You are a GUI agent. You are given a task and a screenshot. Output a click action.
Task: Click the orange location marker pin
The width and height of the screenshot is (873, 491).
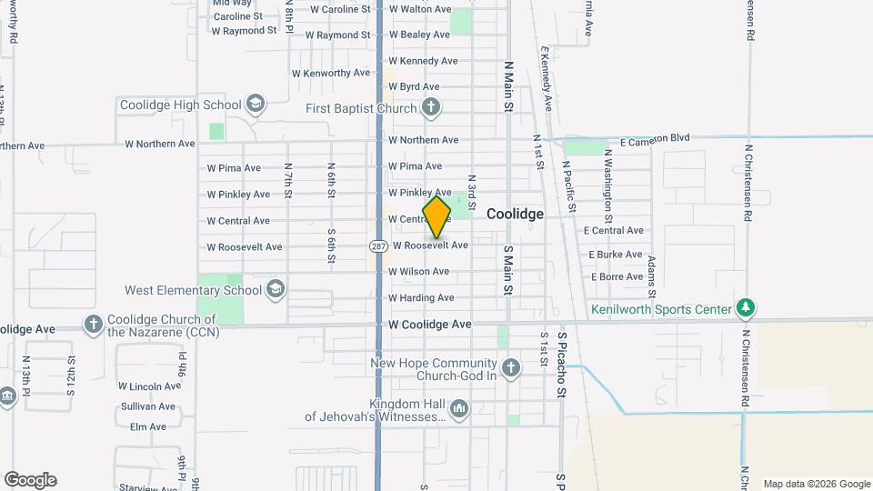(436, 216)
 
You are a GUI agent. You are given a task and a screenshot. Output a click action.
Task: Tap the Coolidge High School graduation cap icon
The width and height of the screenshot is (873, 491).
(256, 105)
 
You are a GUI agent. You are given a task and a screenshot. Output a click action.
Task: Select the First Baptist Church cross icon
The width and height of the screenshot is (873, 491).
(431, 108)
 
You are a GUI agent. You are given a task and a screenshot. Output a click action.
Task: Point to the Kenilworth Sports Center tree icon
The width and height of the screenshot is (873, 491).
(746, 309)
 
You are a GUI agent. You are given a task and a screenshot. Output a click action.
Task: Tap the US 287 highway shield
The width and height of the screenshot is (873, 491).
(378, 245)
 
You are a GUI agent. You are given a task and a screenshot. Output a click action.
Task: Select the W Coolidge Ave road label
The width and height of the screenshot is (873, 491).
(430, 324)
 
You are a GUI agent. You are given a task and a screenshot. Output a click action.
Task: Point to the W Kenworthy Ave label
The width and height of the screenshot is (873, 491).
(331, 73)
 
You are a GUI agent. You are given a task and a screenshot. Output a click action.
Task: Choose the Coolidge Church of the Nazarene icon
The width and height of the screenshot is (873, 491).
(93, 325)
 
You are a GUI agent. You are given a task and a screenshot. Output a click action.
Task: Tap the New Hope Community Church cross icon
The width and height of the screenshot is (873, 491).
(511, 368)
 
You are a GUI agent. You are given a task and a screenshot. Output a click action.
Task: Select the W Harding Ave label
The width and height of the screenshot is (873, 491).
(421, 297)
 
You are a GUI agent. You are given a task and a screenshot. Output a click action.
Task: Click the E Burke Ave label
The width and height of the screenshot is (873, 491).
(616, 255)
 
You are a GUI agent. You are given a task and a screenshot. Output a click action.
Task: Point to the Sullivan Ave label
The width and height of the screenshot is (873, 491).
(147, 406)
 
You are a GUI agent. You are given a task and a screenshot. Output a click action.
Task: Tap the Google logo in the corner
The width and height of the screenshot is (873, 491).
(30, 480)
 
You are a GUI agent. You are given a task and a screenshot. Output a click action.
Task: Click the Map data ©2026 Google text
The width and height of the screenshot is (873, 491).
(816, 484)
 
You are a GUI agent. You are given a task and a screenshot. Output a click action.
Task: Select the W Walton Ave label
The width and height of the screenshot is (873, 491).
(419, 9)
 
